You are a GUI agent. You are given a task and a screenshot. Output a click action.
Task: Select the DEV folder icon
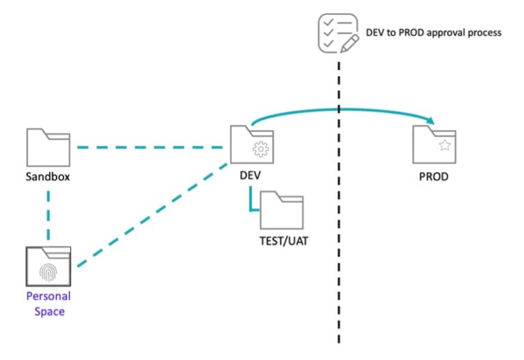250,145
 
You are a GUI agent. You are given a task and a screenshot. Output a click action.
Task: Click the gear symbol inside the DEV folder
260,151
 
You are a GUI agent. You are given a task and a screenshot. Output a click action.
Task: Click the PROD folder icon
435,145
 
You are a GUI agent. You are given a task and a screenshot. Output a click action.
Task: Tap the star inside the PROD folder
444,145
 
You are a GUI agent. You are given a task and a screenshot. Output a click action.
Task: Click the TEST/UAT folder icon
281,211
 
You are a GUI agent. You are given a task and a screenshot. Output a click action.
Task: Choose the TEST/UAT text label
282,241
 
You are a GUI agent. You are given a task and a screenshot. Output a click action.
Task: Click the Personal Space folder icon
48,267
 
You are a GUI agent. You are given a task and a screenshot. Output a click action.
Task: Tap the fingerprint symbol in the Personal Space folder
48,272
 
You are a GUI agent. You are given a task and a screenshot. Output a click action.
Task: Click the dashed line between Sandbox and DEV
150,146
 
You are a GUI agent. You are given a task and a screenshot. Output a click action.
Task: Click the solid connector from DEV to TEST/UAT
252,201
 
